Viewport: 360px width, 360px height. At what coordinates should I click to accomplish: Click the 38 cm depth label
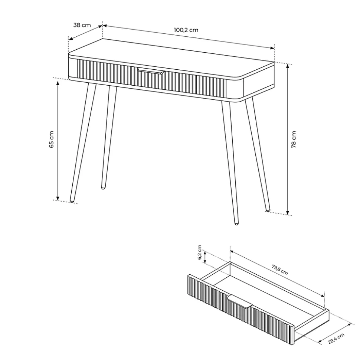(82, 25)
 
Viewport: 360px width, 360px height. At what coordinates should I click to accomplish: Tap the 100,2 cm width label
(186, 30)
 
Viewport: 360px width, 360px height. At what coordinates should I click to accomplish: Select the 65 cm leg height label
(52, 139)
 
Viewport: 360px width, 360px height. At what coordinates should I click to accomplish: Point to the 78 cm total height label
(294, 139)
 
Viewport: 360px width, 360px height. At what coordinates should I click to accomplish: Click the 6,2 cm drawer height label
(200, 252)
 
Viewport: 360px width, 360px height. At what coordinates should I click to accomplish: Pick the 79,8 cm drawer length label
(280, 270)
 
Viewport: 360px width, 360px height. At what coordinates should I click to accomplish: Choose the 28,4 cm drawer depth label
(336, 338)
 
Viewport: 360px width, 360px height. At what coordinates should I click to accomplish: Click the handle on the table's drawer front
(151, 71)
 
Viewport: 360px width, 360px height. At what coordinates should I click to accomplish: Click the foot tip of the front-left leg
(72, 202)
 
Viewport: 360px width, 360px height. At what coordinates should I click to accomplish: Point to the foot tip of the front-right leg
(236, 223)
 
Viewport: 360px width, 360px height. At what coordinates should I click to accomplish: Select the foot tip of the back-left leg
(103, 188)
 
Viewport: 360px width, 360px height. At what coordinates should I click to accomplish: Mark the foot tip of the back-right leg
(268, 210)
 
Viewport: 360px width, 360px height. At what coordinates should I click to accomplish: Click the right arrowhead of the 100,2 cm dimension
(273, 48)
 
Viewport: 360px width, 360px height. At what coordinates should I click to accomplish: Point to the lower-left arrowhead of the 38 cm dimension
(70, 39)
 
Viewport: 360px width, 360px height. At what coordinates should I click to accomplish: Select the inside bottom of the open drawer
(264, 296)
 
